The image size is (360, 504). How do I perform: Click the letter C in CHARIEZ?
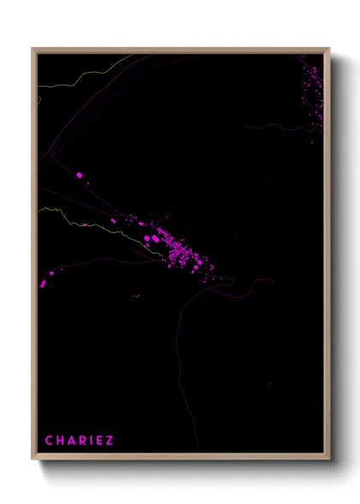coord(50,441)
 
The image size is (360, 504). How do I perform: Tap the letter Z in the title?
coord(109,441)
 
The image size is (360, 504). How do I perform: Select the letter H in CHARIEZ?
coord(61,441)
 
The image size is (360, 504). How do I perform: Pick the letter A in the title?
coord(72,441)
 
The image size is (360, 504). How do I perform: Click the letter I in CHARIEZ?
coord(91,441)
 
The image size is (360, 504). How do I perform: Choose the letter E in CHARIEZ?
coord(99,441)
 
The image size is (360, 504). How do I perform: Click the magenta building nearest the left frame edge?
coord(44,282)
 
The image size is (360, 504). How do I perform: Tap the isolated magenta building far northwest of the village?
coord(80,174)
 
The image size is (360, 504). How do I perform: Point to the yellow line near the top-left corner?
coord(86,75)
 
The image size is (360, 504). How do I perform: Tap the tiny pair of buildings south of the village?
coord(135,296)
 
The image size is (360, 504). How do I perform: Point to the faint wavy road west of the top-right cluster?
coord(274,126)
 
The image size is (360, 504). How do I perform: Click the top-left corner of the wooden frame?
coord(33,49)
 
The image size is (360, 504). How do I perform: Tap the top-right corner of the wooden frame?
coord(328,49)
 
